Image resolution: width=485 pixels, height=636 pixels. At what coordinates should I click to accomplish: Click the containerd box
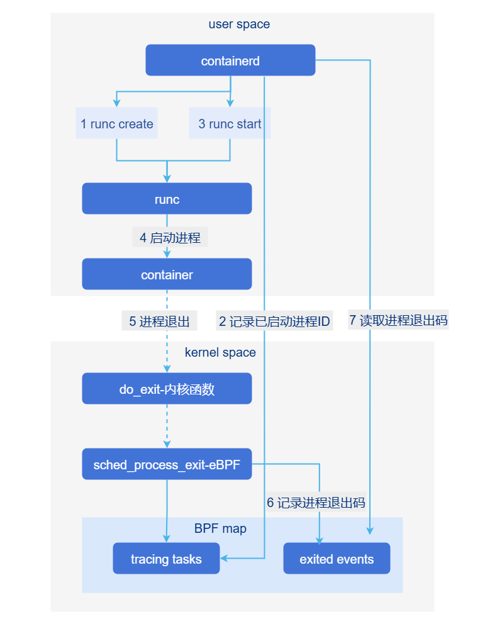[x=230, y=60]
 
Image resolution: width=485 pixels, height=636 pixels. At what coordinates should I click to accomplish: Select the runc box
[x=167, y=199]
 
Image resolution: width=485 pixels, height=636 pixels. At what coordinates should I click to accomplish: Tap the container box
[x=167, y=274]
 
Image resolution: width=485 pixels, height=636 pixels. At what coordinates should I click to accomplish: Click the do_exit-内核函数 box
[x=167, y=389]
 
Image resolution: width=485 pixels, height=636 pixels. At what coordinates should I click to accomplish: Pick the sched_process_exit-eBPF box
[x=167, y=464]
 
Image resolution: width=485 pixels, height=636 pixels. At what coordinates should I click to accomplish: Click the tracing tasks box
[x=166, y=559]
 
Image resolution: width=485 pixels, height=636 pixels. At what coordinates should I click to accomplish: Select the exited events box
[x=337, y=559]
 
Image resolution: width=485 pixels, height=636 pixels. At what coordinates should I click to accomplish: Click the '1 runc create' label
[x=116, y=124]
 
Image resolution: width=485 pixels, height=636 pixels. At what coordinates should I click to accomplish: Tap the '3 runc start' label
[x=230, y=124]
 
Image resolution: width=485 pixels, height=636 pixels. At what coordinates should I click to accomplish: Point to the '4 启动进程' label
[x=170, y=238]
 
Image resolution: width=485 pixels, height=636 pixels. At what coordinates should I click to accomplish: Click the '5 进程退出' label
[x=159, y=321]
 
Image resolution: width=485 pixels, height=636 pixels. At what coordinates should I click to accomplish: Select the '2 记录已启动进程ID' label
[x=274, y=321]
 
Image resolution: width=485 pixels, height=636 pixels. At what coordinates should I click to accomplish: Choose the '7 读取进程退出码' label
[x=398, y=320]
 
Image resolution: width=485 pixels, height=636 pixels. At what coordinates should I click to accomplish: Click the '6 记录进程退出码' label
[x=316, y=502]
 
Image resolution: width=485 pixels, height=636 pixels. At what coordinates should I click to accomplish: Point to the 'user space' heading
[x=239, y=25]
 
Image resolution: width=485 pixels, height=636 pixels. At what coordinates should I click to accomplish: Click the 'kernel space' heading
[x=220, y=352]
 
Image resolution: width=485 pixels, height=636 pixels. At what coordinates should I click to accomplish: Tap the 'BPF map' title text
[x=220, y=528]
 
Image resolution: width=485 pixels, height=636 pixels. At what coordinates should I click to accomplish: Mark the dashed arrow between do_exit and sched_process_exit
[x=167, y=426]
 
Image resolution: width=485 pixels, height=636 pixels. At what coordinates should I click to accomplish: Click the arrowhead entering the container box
[x=167, y=254]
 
